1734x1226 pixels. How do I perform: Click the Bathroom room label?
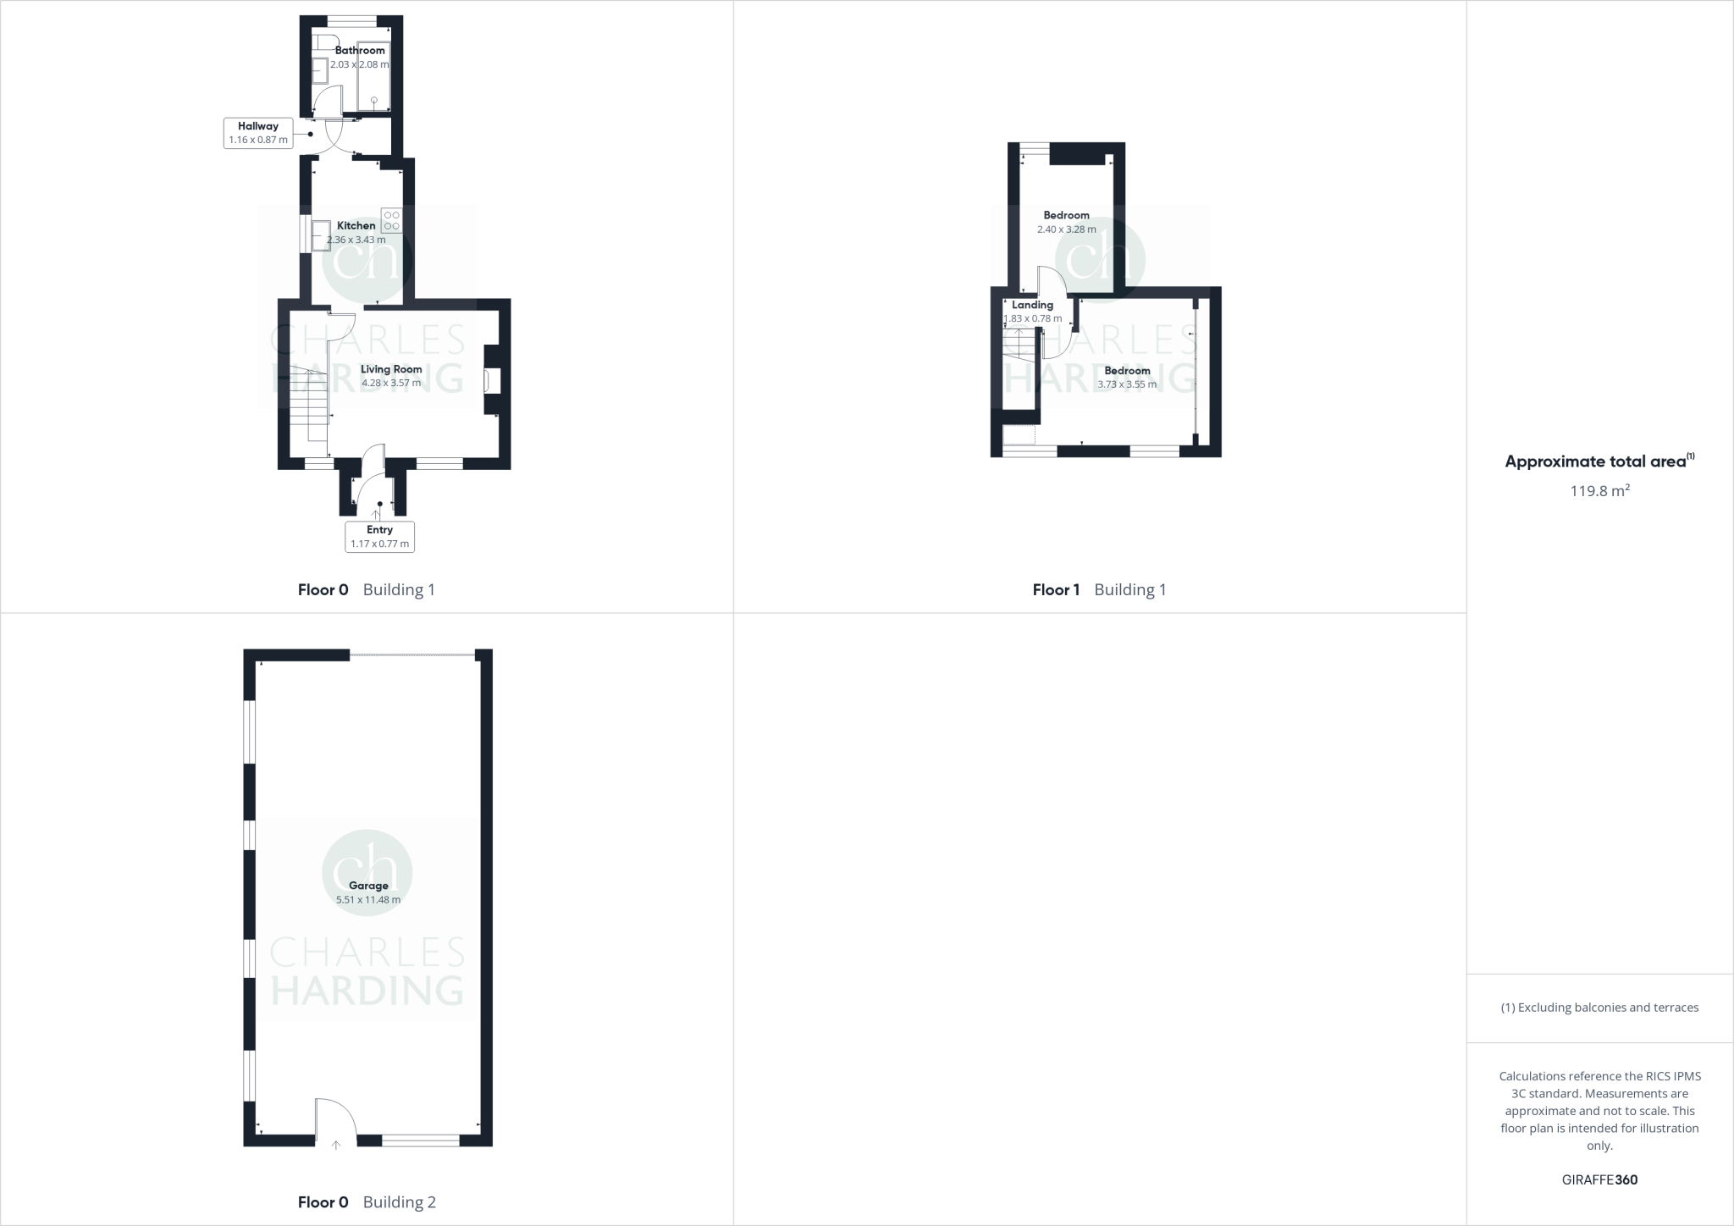(x=360, y=50)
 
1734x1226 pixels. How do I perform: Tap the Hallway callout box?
(x=258, y=133)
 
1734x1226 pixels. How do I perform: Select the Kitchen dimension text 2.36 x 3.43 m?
(x=356, y=240)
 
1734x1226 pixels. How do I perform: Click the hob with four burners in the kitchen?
(x=391, y=221)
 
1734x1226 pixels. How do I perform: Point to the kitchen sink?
(x=321, y=235)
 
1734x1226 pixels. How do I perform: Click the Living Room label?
(x=391, y=369)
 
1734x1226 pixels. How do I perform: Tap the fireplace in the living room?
(x=491, y=380)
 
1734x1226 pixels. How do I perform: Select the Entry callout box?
(x=379, y=536)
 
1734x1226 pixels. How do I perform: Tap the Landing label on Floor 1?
(x=1032, y=305)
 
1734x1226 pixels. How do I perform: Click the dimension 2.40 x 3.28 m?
(x=1066, y=229)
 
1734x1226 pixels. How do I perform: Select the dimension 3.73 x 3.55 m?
(x=1127, y=384)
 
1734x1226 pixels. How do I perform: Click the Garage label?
(x=368, y=886)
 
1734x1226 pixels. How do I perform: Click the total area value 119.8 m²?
(x=1599, y=490)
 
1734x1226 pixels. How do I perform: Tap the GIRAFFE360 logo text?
(x=1599, y=1179)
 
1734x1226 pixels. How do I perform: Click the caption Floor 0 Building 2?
(x=367, y=1201)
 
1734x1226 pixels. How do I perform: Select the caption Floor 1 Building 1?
(x=1099, y=589)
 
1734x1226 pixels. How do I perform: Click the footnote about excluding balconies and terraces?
(x=1599, y=1008)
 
